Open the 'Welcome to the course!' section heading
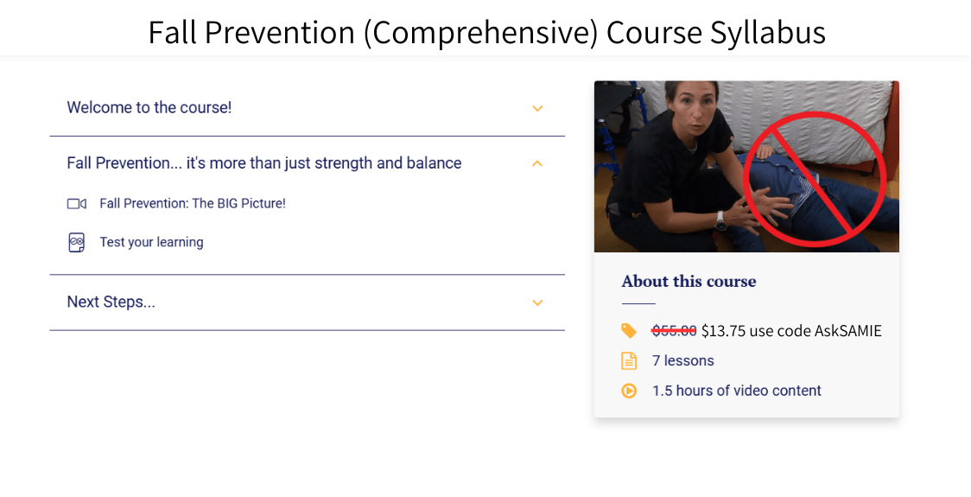click(x=149, y=108)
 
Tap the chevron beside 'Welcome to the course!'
click(x=537, y=109)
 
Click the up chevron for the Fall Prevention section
click(x=537, y=163)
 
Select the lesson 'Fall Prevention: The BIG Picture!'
click(x=192, y=204)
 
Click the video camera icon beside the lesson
click(x=76, y=204)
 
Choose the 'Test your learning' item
click(x=151, y=243)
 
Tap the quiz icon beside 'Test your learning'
click(x=76, y=243)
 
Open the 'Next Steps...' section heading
click(x=111, y=303)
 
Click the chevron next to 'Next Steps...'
click(x=537, y=303)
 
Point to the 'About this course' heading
click(x=689, y=282)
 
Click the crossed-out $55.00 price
click(x=674, y=331)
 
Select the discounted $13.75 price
click(x=723, y=331)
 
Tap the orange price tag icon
click(x=629, y=331)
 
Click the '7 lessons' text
click(x=682, y=361)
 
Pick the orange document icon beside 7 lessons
click(x=629, y=361)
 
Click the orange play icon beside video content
click(x=629, y=391)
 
